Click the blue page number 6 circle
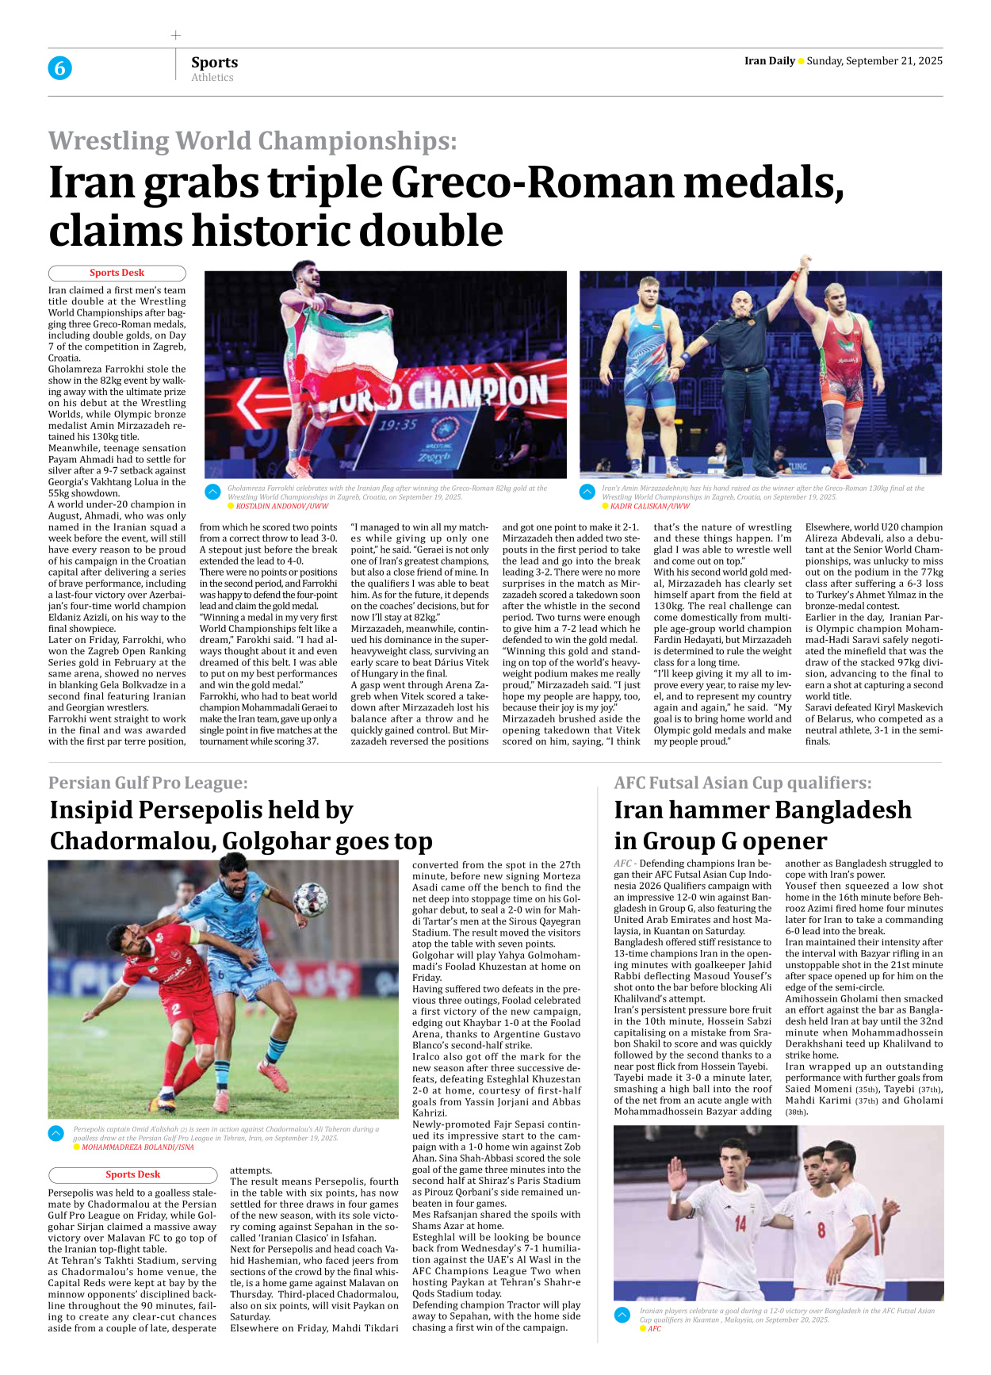point(59,68)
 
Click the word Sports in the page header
point(214,63)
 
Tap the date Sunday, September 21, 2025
point(874,61)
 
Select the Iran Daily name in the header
point(769,61)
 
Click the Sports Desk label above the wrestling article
point(117,273)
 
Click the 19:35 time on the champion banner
point(397,425)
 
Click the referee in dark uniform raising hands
point(740,373)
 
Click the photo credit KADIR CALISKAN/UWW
point(649,506)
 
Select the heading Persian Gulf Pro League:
point(148,783)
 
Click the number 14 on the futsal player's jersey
point(740,1224)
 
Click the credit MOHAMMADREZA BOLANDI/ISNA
point(137,1147)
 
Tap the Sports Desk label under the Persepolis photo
point(132,1174)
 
